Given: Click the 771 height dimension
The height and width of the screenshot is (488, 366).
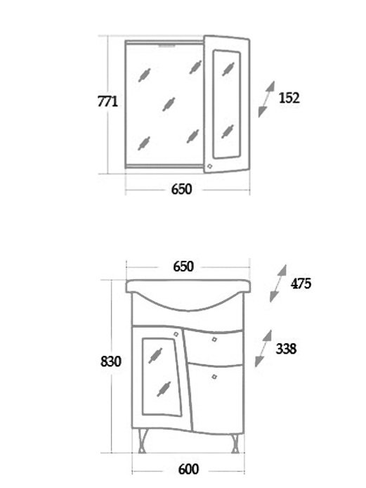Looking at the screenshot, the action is point(107,102).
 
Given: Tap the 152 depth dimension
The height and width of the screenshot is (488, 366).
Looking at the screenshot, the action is point(289,98).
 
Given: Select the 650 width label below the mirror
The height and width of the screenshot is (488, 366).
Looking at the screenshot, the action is point(182,189).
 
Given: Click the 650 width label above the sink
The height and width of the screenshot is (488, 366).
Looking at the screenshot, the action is point(183,267).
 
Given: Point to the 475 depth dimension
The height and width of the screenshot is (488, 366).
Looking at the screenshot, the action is point(301,283).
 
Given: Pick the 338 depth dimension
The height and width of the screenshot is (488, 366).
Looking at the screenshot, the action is point(286,349).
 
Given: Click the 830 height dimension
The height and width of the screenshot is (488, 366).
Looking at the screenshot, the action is point(111,361).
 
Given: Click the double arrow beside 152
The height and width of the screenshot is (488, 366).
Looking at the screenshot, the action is point(266,99).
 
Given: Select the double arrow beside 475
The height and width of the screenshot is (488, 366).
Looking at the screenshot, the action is point(278,283).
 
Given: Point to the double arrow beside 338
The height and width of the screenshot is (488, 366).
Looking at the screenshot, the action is point(263,348).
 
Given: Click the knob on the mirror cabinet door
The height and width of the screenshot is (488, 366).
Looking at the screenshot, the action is point(209,167).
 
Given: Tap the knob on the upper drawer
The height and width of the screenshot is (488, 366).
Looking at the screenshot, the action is point(214,339).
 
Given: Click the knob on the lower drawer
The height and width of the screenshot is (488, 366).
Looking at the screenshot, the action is point(214,377).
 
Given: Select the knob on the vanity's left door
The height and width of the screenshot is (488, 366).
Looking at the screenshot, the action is point(176,334).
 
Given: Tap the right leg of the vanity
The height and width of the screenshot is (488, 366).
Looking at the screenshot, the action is point(235,442).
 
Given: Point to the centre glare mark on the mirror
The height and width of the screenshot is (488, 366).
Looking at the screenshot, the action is point(169,104).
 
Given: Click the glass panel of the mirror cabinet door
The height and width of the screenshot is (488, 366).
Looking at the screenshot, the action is point(227,104).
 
